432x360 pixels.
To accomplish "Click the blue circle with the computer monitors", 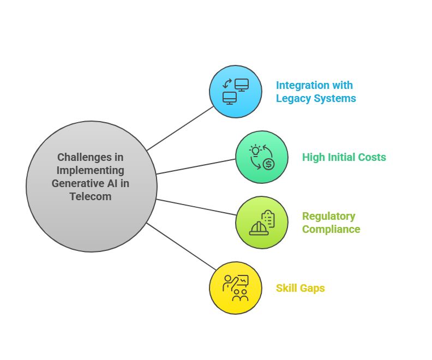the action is (236, 92).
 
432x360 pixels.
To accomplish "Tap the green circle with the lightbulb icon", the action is (262, 157).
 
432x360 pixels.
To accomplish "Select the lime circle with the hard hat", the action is (262, 223).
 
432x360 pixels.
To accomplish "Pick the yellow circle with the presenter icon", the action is (236, 288).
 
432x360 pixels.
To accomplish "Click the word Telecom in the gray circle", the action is (91, 197).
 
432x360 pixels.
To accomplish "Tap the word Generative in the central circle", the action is (80, 183).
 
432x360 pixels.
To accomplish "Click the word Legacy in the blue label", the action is (293, 99).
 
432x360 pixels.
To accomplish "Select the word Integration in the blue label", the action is (303, 86).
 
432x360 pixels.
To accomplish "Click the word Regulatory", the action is (329, 217).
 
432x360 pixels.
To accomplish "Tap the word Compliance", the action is (331, 230).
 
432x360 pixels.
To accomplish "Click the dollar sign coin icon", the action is (268, 164).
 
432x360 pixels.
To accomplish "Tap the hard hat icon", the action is (259, 229).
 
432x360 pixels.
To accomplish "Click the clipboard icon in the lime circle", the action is (268, 218).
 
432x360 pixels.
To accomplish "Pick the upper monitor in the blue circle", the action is (242, 85).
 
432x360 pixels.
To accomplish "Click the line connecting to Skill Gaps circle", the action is (181, 247).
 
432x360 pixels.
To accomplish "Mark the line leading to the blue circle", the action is (180, 128).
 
